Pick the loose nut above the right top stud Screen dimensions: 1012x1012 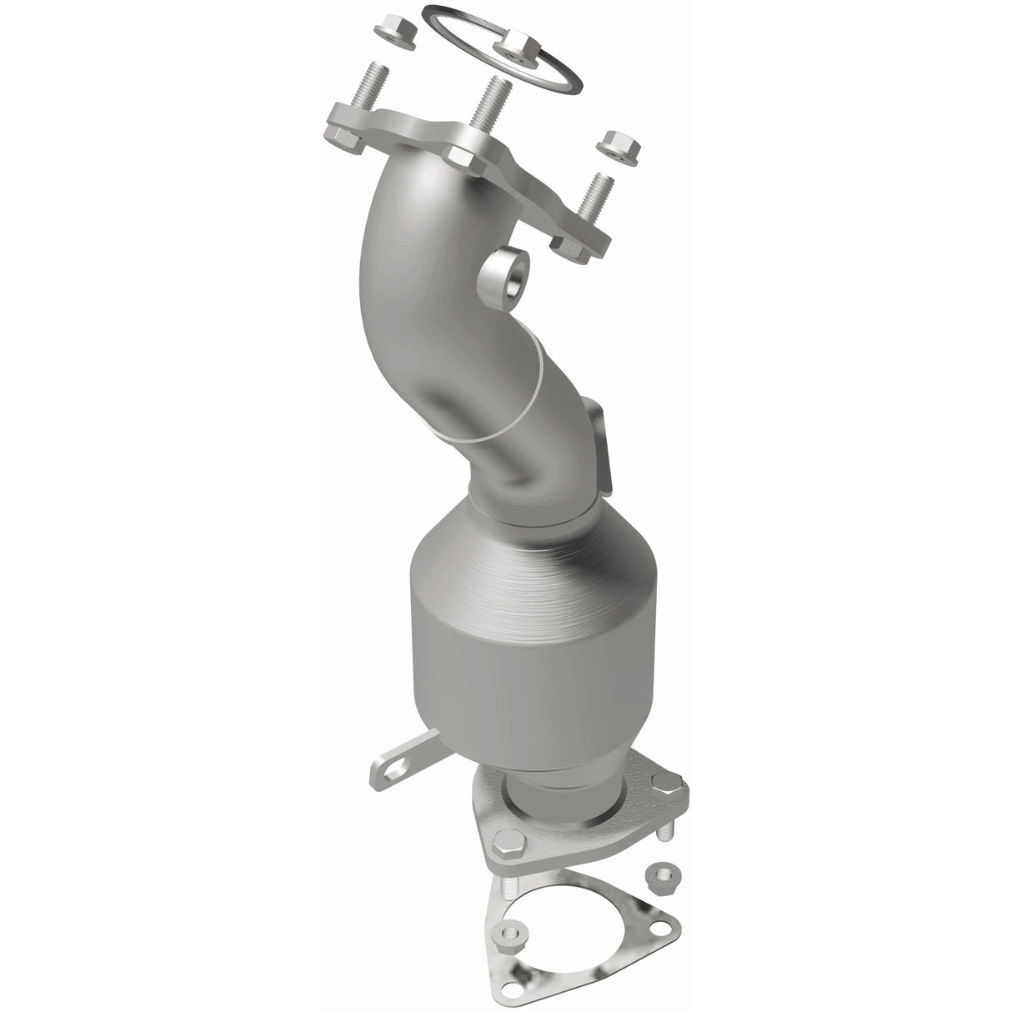[618, 144]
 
